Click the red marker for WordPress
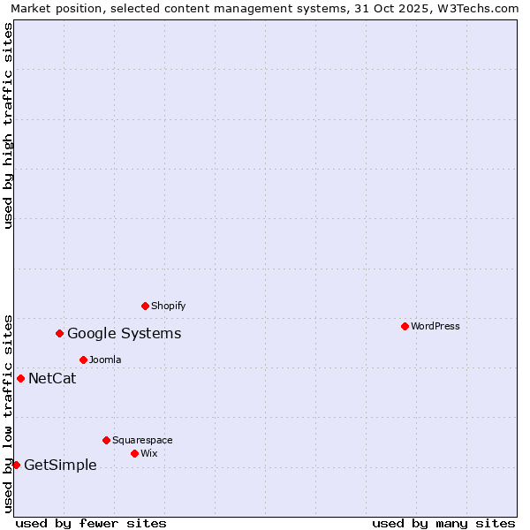click(x=405, y=326)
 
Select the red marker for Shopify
click(x=145, y=306)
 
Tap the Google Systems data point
click(x=60, y=333)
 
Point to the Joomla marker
click(x=83, y=360)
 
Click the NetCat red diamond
click(x=21, y=378)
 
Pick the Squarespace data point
click(x=106, y=440)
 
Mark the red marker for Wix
click(x=134, y=453)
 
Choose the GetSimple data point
click(x=16, y=465)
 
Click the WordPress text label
click(x=435, y=326)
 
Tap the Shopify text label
click(x=168, y=306)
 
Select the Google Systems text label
click(x=125, y=333)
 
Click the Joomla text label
click(x=105, y=360)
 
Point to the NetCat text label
click(x=52, y=379)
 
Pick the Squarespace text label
click(x=142, y=440)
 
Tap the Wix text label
click(x=149, y=453)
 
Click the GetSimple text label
click(x=60, y=466)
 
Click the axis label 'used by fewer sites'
click(x=91, y=523)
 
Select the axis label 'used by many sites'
click(x=443, y=523)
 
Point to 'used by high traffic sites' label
click(x=8, y=125)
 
